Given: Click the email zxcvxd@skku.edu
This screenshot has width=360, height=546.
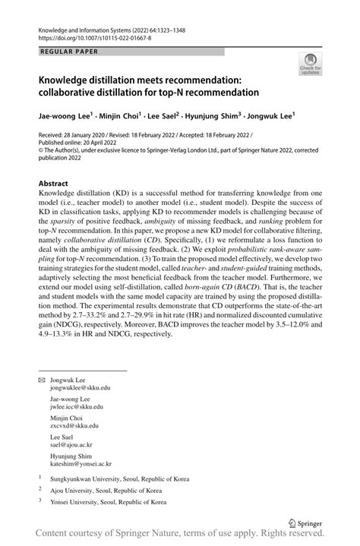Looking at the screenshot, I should point(77,425).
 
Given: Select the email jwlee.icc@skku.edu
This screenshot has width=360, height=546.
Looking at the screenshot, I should point(78,406).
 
